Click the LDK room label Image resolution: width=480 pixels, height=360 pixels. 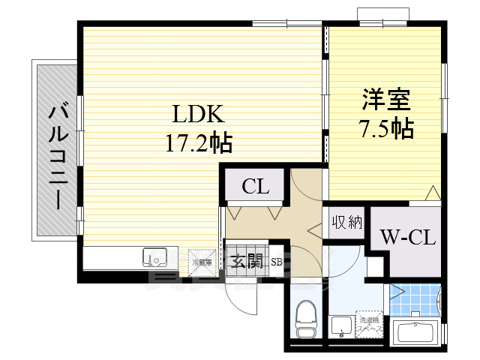(x=199, y=115)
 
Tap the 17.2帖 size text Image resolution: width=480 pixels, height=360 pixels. (x=199, y=142)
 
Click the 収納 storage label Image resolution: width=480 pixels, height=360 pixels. (x=346, y=222)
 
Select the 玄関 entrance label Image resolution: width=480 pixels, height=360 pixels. (x=246, y=262)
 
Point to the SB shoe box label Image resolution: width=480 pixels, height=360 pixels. (x=275, y=262)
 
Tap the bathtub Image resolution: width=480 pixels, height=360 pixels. (x=415, y=332)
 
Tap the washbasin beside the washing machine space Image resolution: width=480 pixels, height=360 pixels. (x=340, y=326)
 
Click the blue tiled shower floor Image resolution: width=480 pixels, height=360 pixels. (x=414, y=300)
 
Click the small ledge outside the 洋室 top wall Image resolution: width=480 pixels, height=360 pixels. (x=383, y=13)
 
